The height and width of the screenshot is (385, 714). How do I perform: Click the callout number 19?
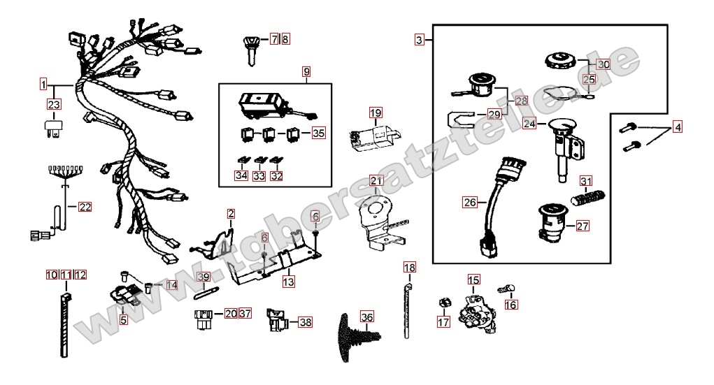[x=376, y=113]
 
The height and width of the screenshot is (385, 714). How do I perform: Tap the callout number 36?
[x=366, y=317]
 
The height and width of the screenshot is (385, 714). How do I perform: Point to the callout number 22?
[x=85, y=207]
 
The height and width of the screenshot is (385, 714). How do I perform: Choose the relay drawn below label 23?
[x=53, y=128]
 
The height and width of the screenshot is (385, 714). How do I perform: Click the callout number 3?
[x=420, y=40]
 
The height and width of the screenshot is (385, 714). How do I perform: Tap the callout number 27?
[x=583, y=226]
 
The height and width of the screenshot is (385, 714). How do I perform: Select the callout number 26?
[x=470, y=202]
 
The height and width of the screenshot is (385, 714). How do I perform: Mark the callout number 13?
[x=288, y=282]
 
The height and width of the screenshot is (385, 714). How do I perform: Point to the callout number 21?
[x=376, y=181]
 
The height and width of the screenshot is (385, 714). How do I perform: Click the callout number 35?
[x=319, y=133]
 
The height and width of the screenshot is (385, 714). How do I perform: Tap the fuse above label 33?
[x=259, y=160]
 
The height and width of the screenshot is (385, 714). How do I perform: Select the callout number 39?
[x=204, y=277]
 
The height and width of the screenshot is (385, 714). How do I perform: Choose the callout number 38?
[x=306, y=322]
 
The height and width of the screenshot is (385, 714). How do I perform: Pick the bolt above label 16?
[x=506, y=289]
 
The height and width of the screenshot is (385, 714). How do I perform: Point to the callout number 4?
[x=678, y=127]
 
